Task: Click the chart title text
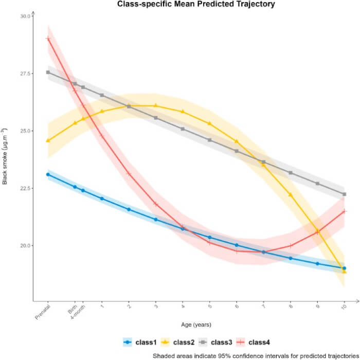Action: [x=196, y=5]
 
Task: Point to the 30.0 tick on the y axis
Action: [x=25, y=16]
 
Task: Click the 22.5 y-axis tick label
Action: [x=25, y=188]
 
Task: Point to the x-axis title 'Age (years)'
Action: [x=196, y=325]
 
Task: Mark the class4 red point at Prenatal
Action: [x=48, y=39]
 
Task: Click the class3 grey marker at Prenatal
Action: [x=48, y=72]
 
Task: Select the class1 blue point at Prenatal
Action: [x=48, y=174]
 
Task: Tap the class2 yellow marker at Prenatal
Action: [x=48, y=140]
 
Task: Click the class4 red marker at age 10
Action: [x=344, y=211]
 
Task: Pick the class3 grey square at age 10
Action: [x=344, y=194]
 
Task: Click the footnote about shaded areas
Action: [x=255, y=355]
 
